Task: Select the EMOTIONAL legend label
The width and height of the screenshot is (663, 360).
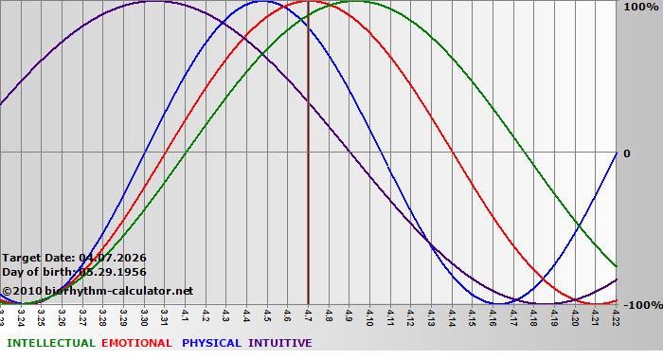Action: click(x=136, y=343)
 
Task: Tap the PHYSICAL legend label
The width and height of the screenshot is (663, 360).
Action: click(x=212, y=343)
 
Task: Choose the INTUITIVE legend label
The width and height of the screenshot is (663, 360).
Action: click(x=280, y=343)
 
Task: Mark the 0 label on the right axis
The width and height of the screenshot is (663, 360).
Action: click(x=626, y=153)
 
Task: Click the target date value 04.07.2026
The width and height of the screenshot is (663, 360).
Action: click(x=113, y=258)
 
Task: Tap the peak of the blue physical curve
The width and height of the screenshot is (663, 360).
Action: click(x=267, y=2)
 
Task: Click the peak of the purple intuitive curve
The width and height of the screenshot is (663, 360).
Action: click(x=154, y=2)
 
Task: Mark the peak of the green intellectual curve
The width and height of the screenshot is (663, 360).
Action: click(x=359, y=2)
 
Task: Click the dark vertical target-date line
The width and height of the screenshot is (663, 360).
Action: click(x=309, y=189)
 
